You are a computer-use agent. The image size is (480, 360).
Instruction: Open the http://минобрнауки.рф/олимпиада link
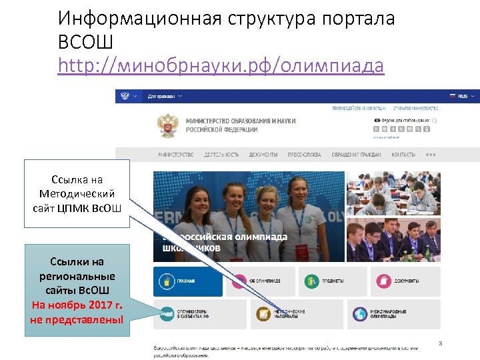pyautogui.click(x=221, y=66)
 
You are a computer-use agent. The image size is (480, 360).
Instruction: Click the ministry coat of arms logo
pyautogui.click(x=168, y=125)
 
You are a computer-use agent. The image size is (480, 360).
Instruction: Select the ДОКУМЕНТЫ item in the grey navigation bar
pyautogui.click(x=263, y=155)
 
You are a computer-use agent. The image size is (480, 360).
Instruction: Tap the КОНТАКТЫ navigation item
pyautogui.click(x=403, y=155)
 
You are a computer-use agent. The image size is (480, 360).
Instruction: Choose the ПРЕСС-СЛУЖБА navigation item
pyautogui.click(x=304, y=155)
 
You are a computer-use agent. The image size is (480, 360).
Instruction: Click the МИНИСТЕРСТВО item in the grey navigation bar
pyautogui.click(x=176, y=155)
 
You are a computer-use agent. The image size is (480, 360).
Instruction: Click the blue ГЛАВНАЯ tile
pyautogui.click(x=188, y=281)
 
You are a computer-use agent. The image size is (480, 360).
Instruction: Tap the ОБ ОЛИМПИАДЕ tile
pyautogui.click(x=260, y=281)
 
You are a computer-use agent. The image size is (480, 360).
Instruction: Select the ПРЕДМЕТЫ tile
pyautogui.click(x=332, y=281)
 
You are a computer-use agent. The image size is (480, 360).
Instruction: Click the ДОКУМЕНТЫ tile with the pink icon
pyautogui.click(x=405, y=281)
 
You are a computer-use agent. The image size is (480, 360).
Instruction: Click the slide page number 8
pyautogui.click(x=441, y=343)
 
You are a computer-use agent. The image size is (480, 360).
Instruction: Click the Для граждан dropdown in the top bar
pyautogui.click(x=161, y=96)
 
